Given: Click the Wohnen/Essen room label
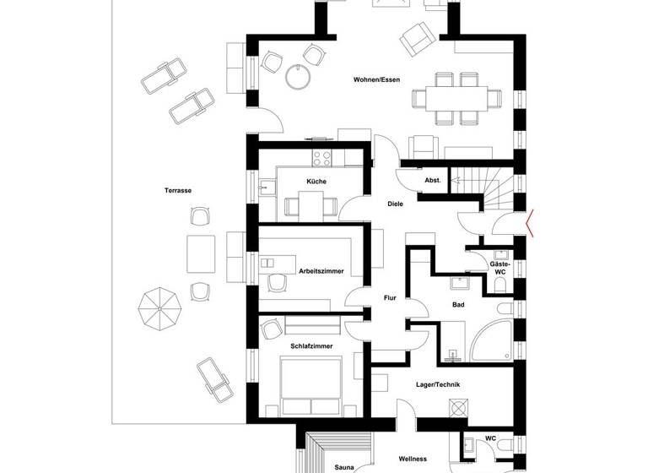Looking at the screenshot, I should click(377, 80).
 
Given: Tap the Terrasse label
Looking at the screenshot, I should click(178, 191).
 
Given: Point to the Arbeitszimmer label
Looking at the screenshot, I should click(321, 271).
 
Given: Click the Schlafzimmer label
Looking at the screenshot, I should click(310, 346).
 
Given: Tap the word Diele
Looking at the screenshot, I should click(395, 204).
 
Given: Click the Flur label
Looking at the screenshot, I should click(390, 298).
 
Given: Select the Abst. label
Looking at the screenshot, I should click(433, 181).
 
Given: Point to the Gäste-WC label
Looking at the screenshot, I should click(499, 269).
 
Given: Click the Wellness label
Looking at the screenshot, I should click(413, 459).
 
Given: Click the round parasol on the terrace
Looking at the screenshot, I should click(158, 309).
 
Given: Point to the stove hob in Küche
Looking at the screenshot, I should click(321, 157).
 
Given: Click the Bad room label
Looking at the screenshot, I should click(458, 304).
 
